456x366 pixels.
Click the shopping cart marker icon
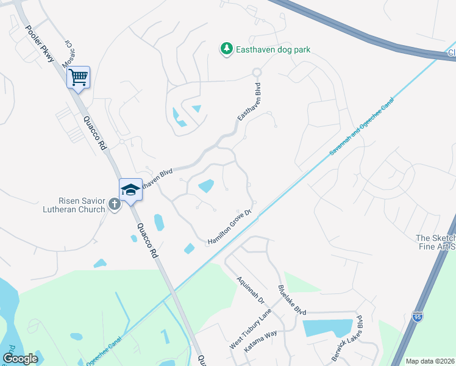[x=78, y=77]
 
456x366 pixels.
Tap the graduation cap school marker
[x=130, y=190]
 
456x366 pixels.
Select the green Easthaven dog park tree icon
[x=226, y=48]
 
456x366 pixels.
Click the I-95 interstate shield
[x=417, y=316]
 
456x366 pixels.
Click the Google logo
[x=21, y=359]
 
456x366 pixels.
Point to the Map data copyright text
[x=430, y=361]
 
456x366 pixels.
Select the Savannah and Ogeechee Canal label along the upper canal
[x=360, y=126]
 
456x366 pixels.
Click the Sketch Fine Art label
[x=435, y=242]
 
